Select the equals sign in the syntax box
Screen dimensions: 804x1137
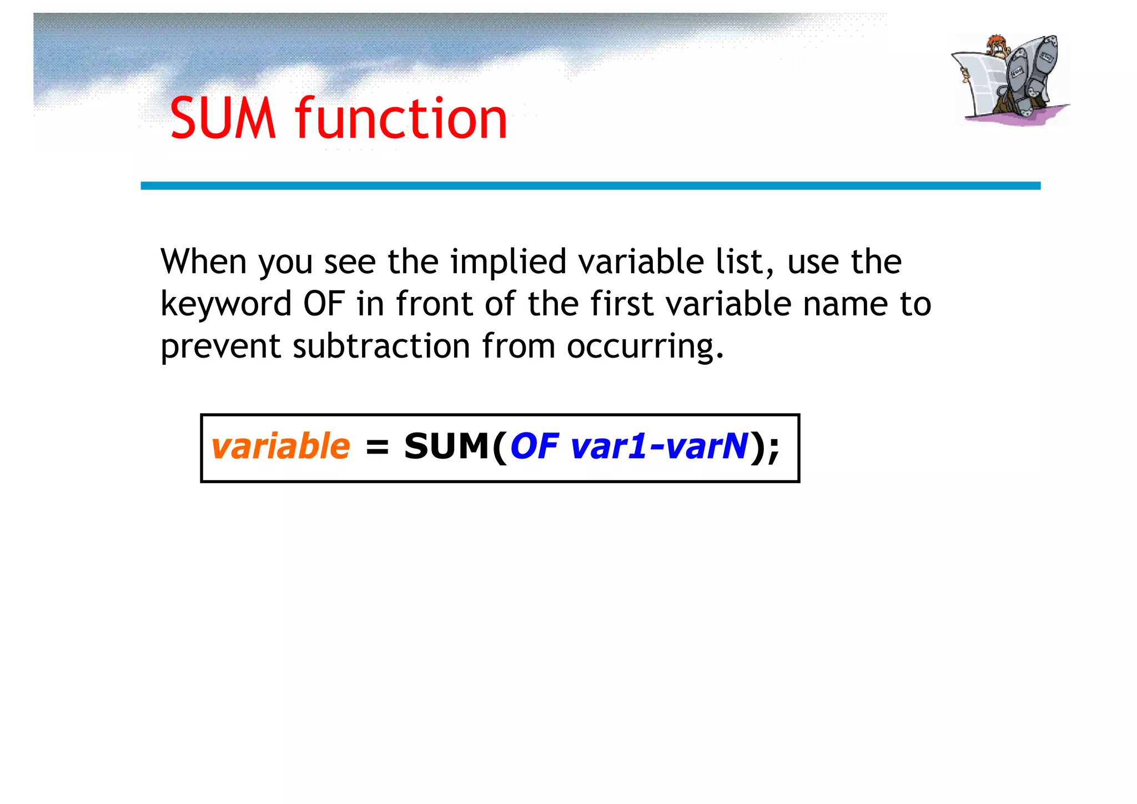pos(377,447)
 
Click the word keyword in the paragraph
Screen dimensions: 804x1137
pos(226,304)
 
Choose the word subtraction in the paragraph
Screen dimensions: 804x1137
pos(381,346)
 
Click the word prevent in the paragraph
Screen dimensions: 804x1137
pos(221,347)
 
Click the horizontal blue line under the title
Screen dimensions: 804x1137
pos(590,185)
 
